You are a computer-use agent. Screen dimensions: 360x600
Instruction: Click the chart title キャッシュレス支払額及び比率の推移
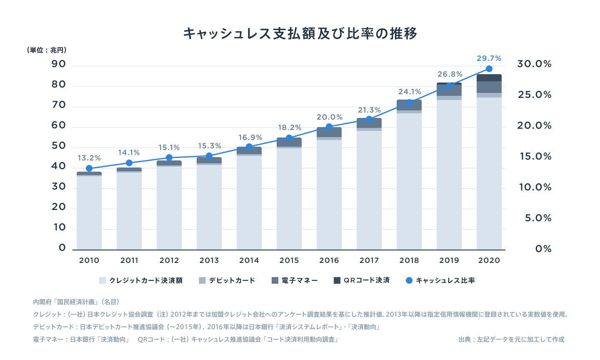(x=300, y=33)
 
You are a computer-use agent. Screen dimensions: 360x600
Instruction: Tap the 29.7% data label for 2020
(x=489, y=58)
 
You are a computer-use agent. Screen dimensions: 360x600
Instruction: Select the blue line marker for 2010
(x=89, y=168)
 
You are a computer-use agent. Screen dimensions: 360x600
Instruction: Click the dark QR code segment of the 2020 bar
(x=489, y=78)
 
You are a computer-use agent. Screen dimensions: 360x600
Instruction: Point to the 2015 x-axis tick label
(x=289, y=260)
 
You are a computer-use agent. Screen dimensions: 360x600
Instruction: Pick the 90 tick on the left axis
(x=59, y=64)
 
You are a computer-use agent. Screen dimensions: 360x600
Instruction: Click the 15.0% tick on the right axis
(x=535, y=157)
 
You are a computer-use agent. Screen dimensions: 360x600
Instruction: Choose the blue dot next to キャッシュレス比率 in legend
(x=409, y=280)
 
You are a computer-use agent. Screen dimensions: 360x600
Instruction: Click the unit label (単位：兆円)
(x=47, y=50)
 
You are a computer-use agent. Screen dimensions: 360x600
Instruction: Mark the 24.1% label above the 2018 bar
(x=410, y=92)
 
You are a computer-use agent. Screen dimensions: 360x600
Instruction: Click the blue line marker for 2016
(x=329, y=127)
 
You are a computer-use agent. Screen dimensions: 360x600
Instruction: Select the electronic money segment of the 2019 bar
(x=449, y=90)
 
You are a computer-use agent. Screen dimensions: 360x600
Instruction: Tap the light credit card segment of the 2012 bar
(x=169, y=208)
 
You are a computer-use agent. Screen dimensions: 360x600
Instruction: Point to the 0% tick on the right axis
(x=543, y=249)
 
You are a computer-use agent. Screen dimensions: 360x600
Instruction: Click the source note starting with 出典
(x=511, y=340)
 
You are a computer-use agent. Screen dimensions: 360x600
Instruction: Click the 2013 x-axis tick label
(x=209, y=260)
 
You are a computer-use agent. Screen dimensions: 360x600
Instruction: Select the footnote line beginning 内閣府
(x=76, y=302)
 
